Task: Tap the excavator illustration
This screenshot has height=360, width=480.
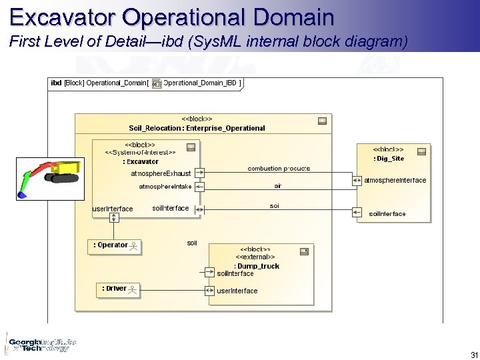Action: [50, 177]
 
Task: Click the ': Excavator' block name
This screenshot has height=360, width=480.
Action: [141, 161]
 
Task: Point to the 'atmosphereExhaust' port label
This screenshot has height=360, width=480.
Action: [161, 173]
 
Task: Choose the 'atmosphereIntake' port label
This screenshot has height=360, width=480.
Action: [165, 186]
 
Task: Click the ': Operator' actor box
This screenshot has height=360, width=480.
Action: [116, 246]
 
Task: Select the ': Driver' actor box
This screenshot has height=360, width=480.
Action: [119, 289]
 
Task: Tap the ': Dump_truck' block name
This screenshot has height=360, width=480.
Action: [257, 266]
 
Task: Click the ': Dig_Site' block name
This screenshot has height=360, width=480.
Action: [389, 159]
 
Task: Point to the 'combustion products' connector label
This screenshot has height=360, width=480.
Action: [279, 169]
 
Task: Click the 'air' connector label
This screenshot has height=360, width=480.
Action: [278, 185]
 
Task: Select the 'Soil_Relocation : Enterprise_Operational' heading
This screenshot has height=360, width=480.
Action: [197, 128]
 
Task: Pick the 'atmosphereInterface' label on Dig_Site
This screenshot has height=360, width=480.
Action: [395, 181]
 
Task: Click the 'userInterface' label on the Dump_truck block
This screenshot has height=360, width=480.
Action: [237, 291]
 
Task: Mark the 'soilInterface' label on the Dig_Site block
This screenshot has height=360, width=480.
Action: [387, 214]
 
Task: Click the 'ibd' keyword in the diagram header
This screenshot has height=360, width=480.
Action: [56, 83]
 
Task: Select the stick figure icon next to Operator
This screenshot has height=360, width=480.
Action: [134, 247]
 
